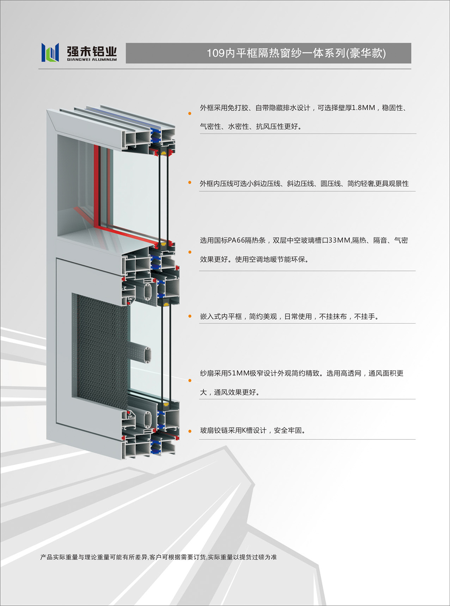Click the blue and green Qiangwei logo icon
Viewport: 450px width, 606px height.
pos(50,52)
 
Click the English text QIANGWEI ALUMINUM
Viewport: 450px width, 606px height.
pos(92,59)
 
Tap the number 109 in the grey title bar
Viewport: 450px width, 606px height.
pos(216,53)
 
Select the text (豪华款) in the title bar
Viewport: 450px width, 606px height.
pos(366,53)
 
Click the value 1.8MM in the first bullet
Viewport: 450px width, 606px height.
pos(363,108)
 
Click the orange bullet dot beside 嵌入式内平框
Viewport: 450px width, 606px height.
pos(190,316)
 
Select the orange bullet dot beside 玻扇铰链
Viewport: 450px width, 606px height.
pos(190,431)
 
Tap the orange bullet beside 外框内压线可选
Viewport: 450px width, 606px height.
pos(190,182)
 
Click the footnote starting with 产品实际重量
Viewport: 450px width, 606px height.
pos(158,557)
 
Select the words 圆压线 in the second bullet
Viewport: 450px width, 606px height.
pos(331,184)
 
